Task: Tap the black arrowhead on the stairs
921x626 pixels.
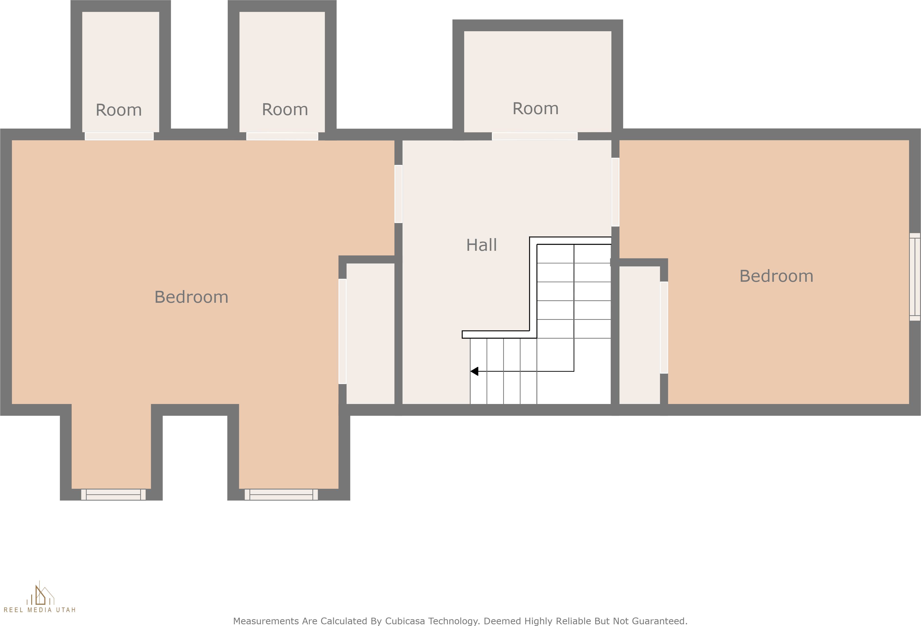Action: [474, 371]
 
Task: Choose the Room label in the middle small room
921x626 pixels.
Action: [285, 110]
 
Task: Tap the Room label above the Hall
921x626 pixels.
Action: [535, 108]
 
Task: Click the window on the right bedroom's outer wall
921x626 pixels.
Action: [915, 277]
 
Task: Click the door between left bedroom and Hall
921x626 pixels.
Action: [398, 194]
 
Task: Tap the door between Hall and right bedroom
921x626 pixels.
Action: [615, 192]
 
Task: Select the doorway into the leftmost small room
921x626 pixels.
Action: [119, 136]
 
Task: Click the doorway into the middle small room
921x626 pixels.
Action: [282, 136]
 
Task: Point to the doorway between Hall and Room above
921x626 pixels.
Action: [535, 136]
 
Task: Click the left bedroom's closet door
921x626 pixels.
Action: [343, 332]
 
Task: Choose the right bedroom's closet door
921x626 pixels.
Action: [664, 328]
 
